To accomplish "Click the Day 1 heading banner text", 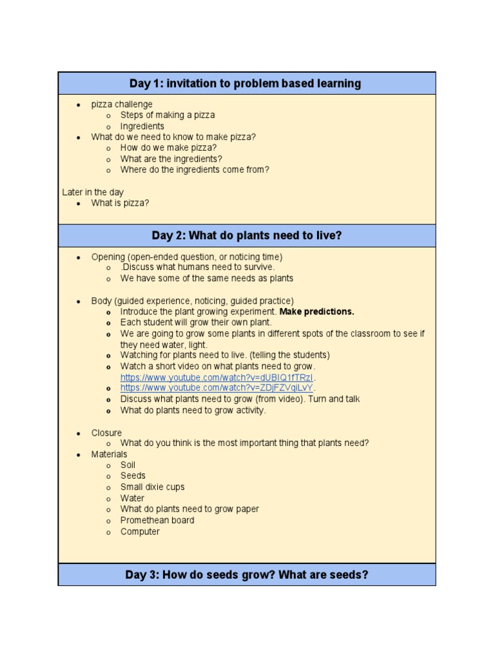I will [245, 83].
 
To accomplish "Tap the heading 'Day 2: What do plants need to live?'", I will [247, 235].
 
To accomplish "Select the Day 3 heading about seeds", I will [247, 574].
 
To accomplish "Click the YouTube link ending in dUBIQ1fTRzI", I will [217, 377].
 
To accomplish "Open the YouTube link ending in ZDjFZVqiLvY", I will [217, 388].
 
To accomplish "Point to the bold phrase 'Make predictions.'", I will [316, 311].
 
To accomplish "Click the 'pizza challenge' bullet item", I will [122, 104].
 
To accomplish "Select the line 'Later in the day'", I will [93, 192].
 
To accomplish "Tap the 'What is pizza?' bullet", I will [120, 203].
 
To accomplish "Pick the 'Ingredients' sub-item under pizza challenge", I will [142, 126].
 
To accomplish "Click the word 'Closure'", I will [106, 432].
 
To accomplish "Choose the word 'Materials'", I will [109, 454].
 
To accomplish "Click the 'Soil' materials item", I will [128, 465].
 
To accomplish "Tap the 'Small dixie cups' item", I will [152, 487].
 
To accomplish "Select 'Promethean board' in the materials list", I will [157, 520].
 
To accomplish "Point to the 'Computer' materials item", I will [140, 532].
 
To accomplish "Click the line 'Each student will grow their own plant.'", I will [196, 322].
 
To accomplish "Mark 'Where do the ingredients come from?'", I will [195, 170].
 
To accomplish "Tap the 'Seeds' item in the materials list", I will [133, 476].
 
